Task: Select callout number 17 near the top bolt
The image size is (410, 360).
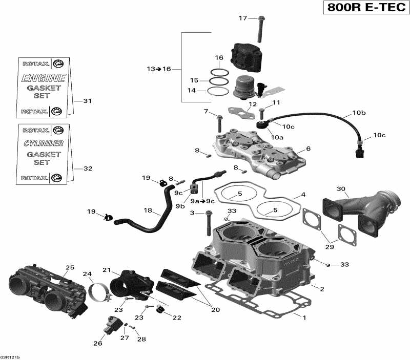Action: click(242, 18)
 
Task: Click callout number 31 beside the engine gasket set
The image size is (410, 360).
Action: click(87, 101)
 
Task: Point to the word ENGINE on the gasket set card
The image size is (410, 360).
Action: click(43, 78)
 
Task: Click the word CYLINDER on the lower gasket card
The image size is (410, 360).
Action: click(44, 143)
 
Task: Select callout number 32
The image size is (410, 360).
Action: click(87, 168)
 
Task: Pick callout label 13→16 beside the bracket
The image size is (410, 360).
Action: click(158, 69)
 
